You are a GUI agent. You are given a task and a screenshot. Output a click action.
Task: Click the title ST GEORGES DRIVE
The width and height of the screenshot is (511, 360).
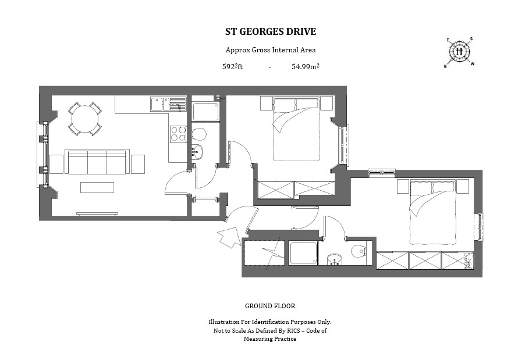(271, 31)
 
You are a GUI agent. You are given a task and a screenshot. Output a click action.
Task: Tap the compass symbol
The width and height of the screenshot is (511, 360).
(460, 51)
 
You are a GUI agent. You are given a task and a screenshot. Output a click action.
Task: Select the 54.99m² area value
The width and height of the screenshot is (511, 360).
(306, 67)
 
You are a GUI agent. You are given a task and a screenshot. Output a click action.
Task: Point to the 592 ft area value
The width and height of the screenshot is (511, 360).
(232, 67)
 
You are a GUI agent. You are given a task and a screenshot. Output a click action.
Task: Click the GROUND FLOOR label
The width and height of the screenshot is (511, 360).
(270, 306)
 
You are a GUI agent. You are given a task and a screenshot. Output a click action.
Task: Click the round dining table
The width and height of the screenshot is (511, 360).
(81, 119)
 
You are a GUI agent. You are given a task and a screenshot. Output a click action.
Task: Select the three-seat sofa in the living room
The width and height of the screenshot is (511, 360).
(97, 162)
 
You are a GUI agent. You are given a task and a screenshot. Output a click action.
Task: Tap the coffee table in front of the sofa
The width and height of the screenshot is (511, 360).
(97, 187)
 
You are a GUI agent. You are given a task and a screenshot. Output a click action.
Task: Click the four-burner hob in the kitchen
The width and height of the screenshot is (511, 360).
(178, 134)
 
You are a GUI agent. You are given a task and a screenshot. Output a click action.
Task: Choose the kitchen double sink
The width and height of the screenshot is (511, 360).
(161, 104)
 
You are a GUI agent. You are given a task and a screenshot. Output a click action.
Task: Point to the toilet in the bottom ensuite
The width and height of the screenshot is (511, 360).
(359, 251)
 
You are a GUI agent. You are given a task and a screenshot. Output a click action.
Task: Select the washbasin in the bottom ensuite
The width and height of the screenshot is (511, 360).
(335, 258)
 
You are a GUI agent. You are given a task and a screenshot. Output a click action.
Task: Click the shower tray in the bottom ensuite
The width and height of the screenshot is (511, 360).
(303, 254)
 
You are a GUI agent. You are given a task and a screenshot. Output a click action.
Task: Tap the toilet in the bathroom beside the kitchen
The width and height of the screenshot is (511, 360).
(198, 134)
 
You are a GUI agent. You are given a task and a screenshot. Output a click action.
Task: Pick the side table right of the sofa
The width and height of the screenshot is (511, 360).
(137, 164)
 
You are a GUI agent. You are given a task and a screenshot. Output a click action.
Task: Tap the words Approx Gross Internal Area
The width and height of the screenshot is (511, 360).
(271, 50)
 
